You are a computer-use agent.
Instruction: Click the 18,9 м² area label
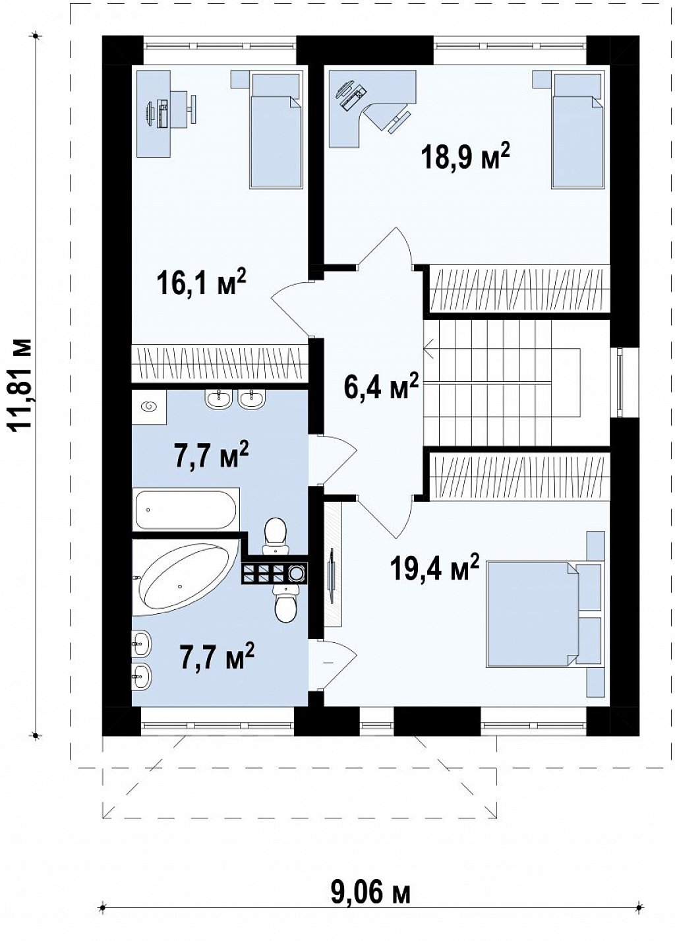click(467, 156)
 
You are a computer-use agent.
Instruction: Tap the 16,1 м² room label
click(201, 282)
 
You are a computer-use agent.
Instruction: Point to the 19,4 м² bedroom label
click(434, 570)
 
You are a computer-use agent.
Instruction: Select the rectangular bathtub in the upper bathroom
click(186, 510)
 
